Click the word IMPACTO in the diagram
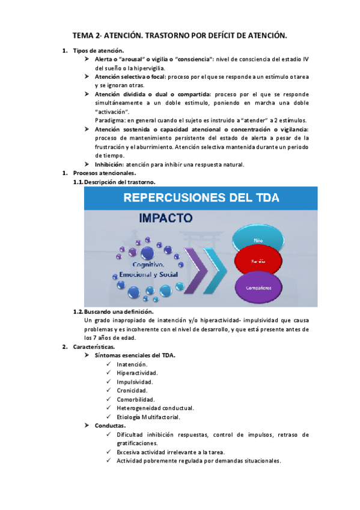pos(166,217)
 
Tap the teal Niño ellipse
pos(258,239)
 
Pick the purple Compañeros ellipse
pos(258,287)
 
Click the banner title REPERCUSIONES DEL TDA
pos(200,197)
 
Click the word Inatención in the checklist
pos(132,364)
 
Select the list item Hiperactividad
pos(137,373)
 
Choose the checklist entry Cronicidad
pos(132,390)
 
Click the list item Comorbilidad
pos(135,399)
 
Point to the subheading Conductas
pos(110,426)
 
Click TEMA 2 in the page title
pos(87,36)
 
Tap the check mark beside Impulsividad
pos(108,382)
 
